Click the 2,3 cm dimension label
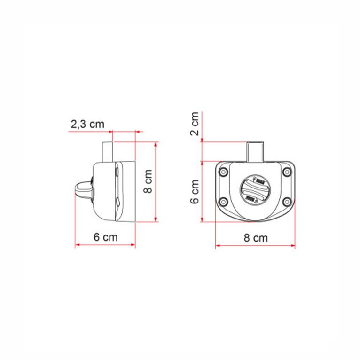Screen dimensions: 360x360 click(x=87, y=125)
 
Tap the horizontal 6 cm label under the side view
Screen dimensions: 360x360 click(x=105, y=237)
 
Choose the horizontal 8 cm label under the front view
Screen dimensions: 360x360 click(x=256, y=238)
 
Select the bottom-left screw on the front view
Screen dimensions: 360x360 click(x=224, y=203)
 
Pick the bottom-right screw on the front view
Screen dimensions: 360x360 click(x=286, y=203)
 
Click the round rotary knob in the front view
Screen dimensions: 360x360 click(x=255, y=191)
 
